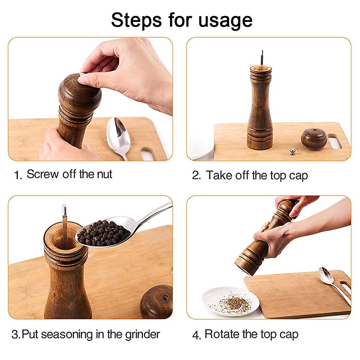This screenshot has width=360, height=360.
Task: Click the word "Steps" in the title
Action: [x=136, y=20]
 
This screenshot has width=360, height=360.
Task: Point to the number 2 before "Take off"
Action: [x=196, y=175]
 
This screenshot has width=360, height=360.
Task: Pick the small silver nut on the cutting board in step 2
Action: [x=292, y=151]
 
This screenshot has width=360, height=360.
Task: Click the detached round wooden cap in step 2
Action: [x=314, y=138]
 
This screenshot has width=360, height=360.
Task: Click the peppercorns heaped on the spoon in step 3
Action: [x=104, y=233]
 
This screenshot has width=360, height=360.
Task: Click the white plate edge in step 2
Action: [x=202, y=149]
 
